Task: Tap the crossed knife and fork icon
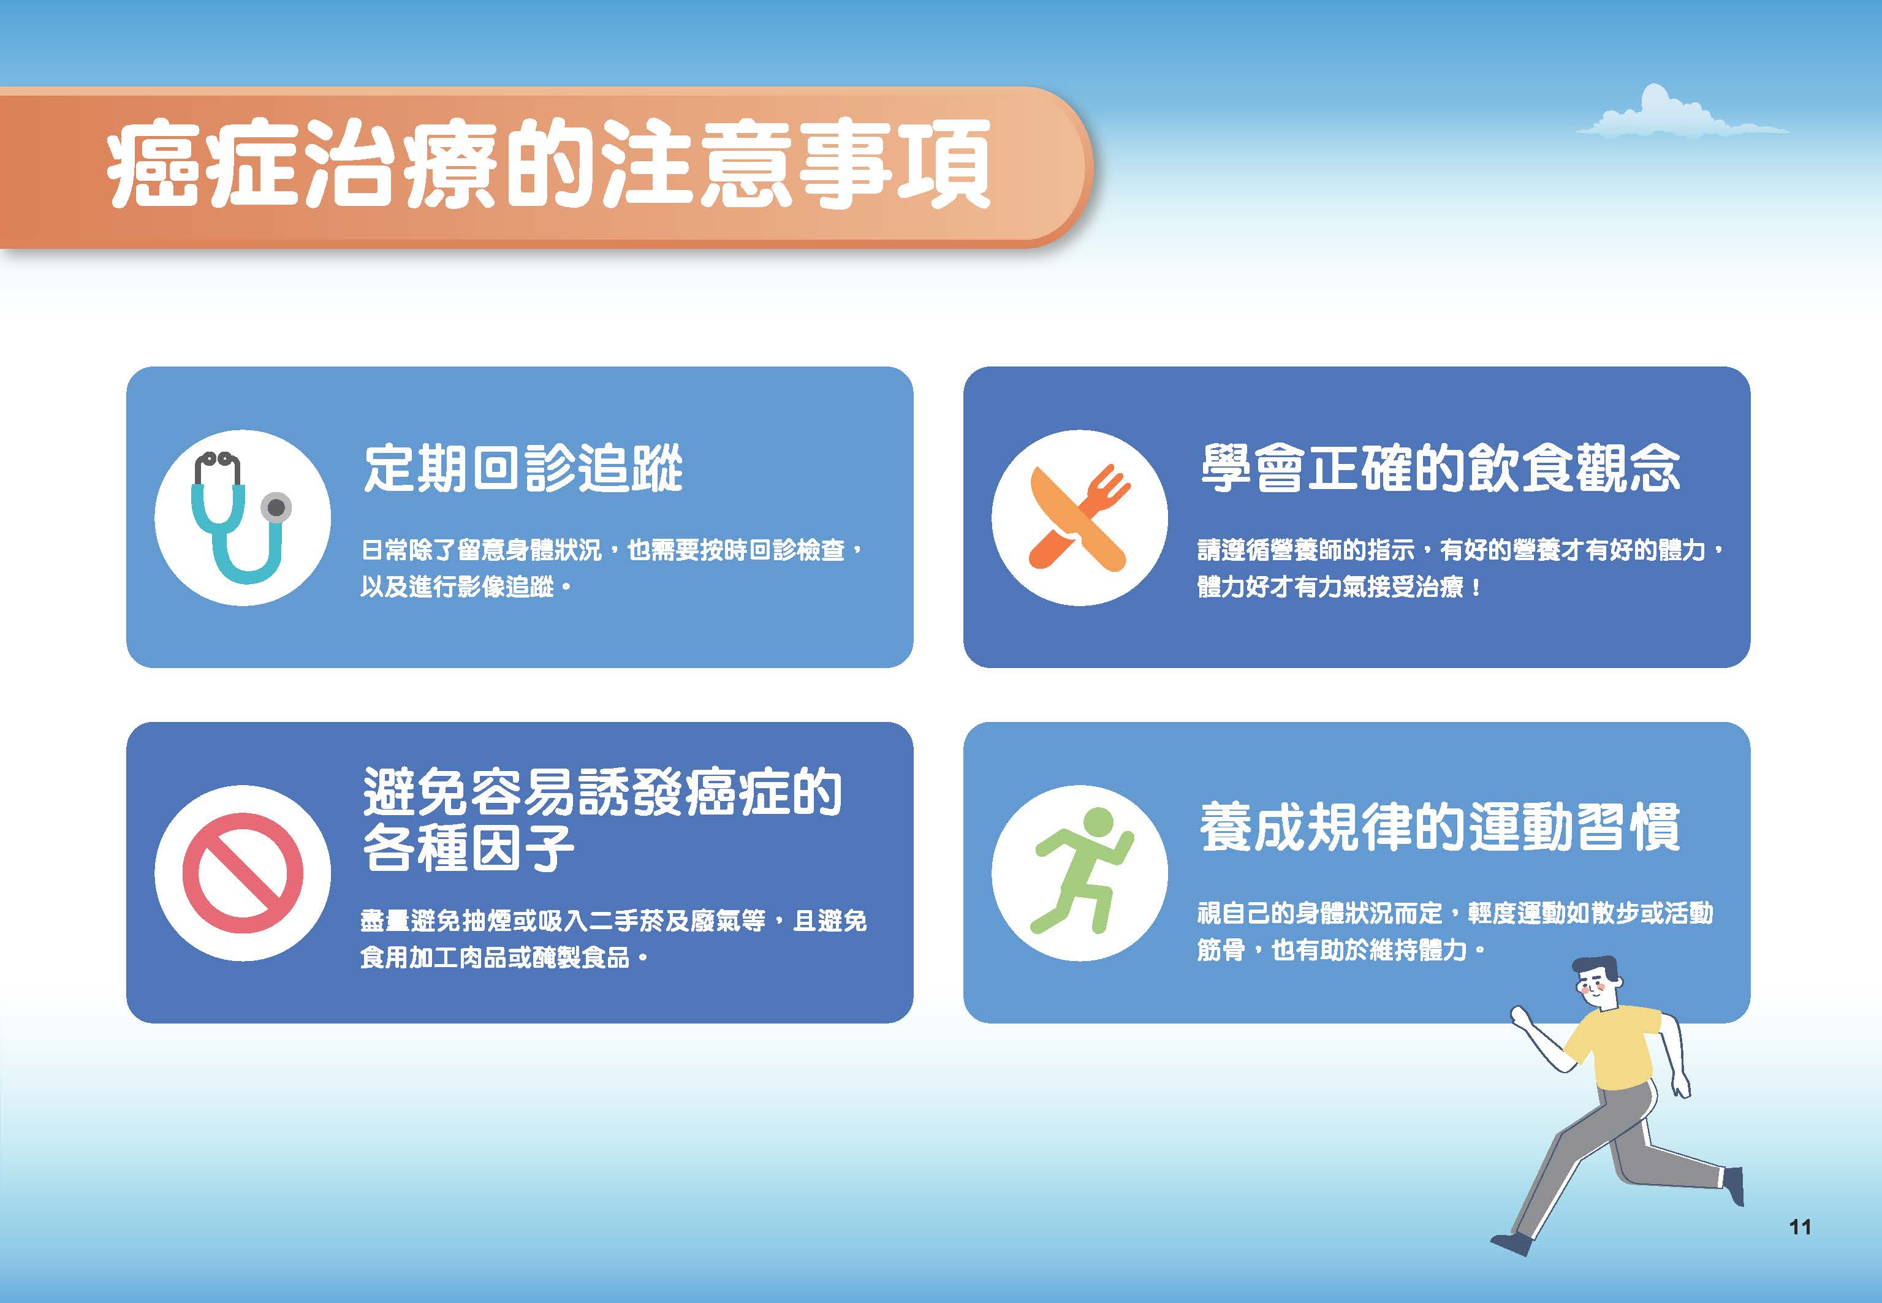tap(1080, 518)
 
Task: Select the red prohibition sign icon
tap(243, 873)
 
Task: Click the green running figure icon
tap(1082, 870)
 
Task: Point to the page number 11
tap(1799, 1226)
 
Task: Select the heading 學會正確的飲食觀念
tap(1440, 469)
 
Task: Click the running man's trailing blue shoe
tap(1511, 1244)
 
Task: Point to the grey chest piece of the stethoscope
tap(276, 508)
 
